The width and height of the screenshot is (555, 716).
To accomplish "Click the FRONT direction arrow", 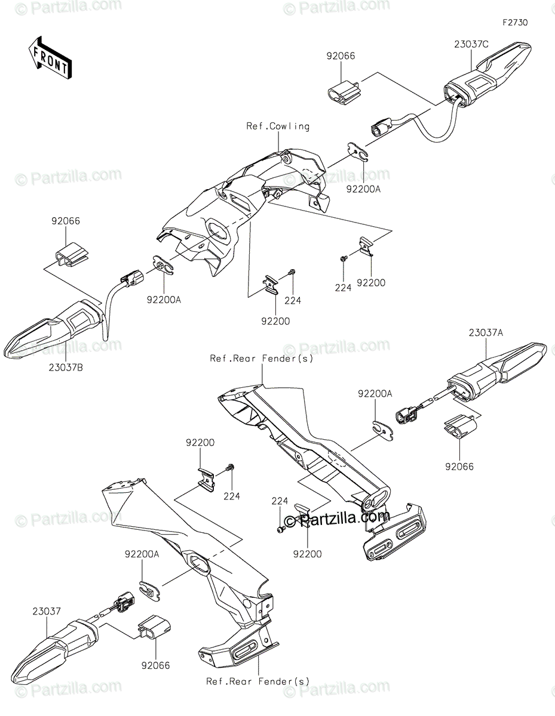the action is tap(50, 57).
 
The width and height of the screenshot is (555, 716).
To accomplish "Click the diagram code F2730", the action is tap(515, 23).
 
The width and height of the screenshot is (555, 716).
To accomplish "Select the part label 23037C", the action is tap(471, 44).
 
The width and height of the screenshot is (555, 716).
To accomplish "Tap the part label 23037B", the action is tap(66, 368).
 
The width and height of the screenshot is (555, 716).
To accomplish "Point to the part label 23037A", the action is tap(486, 333).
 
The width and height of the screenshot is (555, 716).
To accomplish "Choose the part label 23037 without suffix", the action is tap(47, 611).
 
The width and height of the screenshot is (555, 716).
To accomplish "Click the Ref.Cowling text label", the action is tap(278, 126).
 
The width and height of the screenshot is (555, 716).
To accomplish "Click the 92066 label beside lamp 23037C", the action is tap(341, 56).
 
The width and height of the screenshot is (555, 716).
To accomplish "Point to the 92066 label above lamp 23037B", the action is tap(66, 221).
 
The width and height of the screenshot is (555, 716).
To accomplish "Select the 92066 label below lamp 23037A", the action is tap(459, 467).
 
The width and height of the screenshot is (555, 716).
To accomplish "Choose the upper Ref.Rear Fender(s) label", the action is tap(262, 359).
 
